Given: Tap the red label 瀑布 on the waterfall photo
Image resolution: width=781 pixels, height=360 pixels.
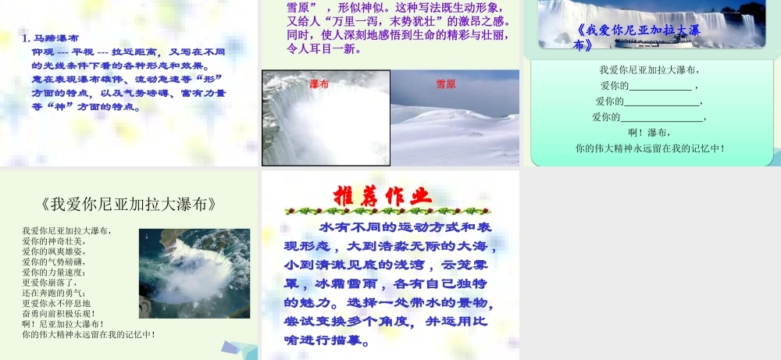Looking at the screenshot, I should coord(319,84).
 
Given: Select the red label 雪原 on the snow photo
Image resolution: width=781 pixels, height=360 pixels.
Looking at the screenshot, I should coord(446,84).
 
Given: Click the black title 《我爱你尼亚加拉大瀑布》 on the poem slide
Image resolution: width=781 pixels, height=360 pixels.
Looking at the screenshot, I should coord(128,205).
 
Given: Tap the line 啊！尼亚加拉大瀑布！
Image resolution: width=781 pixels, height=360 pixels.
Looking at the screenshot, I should coord(63,323).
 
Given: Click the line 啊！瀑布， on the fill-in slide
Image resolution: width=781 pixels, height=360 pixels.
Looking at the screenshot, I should coord(650,133).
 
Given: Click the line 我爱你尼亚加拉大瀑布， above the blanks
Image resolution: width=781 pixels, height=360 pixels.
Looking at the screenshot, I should coord(649,70).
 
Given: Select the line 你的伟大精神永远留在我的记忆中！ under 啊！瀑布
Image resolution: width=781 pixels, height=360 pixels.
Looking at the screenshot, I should coord(650,148).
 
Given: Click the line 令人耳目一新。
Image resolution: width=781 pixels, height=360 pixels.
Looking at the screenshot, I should coord(324,49).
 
